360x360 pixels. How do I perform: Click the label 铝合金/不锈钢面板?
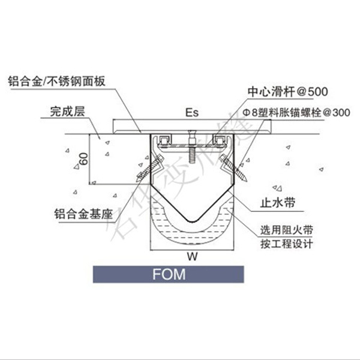[x=57, y=81]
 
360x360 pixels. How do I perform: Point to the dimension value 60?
[x=83, y=159]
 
